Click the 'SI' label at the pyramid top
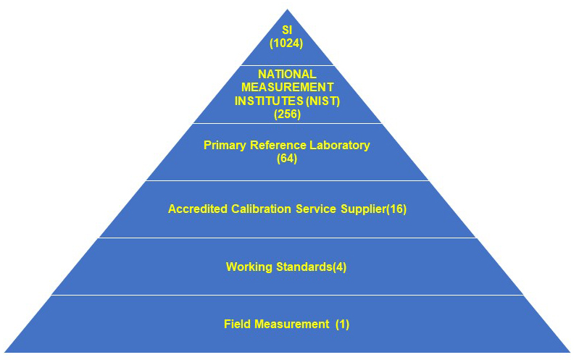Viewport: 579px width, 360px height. coord(287,30)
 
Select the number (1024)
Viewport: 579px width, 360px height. coord(287,43)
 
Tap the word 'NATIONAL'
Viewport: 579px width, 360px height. coord(288,75)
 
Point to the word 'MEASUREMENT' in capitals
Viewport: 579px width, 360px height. coord(288,88)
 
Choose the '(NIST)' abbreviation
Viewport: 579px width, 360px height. coord(323,101)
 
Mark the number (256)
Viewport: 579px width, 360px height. coord(287,114)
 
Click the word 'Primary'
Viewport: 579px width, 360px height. coord(223,146)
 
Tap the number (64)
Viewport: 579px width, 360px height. coord(287,158)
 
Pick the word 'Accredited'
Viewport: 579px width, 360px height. coord(196,209)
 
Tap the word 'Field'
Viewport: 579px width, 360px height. coord(236,325)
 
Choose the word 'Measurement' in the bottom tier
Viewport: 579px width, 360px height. coord(290,325)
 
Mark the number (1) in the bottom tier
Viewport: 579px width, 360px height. coord(342,325)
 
